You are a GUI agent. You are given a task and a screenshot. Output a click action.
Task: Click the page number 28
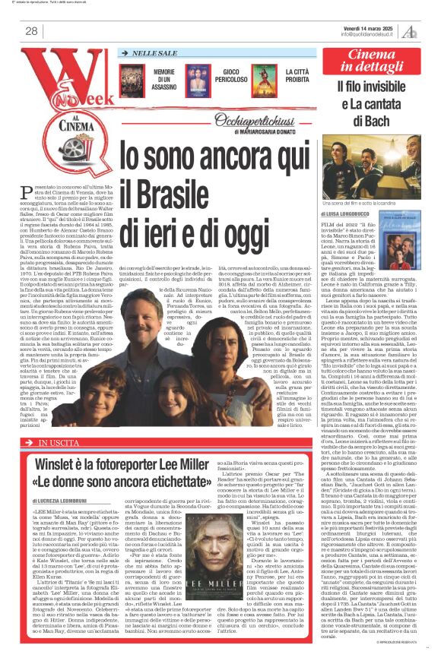(32, 30)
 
